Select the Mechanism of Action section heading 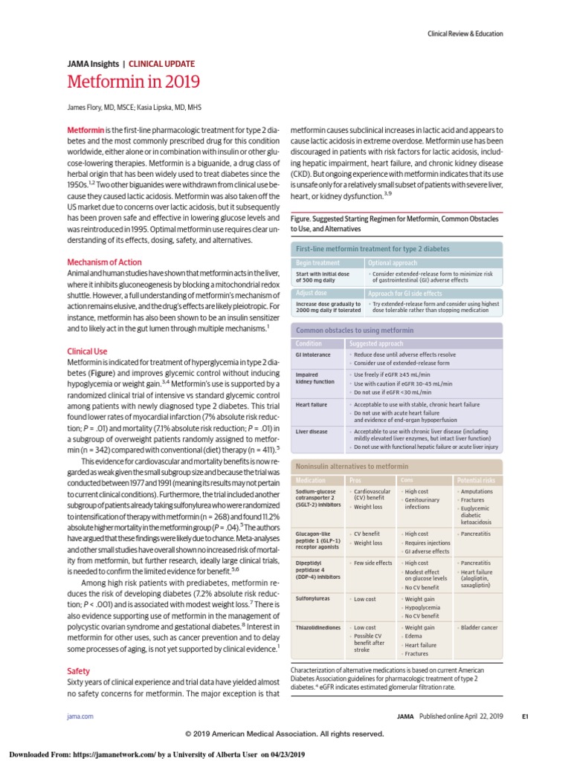coord(104,262)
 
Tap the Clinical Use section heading coord(87,350)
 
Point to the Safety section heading coord(79,670)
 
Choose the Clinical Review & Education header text coord(465,33)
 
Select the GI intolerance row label coord(313,355)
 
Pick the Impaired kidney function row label coord(315,378)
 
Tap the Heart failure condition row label coord(312,404)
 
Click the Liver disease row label coord(312,431)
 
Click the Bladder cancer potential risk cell coord(480,627)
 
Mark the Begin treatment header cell coord(318,263)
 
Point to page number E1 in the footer coord(524,716)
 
